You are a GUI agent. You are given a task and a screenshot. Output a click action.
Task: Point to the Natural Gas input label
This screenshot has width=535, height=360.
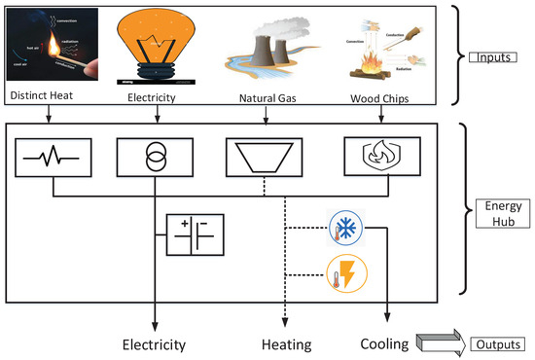[x=266, y=98]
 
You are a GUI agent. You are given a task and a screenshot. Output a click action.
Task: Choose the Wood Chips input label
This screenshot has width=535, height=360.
[x=380, y=98]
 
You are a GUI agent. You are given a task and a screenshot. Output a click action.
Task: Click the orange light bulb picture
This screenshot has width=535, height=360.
[x=157, y=44]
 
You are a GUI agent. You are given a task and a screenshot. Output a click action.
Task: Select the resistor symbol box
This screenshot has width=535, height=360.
[x=53, y=156]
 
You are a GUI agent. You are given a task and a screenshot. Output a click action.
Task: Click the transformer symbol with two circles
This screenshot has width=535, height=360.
[x=157, y=156]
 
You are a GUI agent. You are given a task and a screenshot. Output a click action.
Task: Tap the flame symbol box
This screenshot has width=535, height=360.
[x=380, y=156]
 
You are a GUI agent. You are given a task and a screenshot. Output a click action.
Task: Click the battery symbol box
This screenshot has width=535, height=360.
[x=196, y=235]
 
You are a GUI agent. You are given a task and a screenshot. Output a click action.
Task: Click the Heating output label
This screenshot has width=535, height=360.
[x=285, y=343]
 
